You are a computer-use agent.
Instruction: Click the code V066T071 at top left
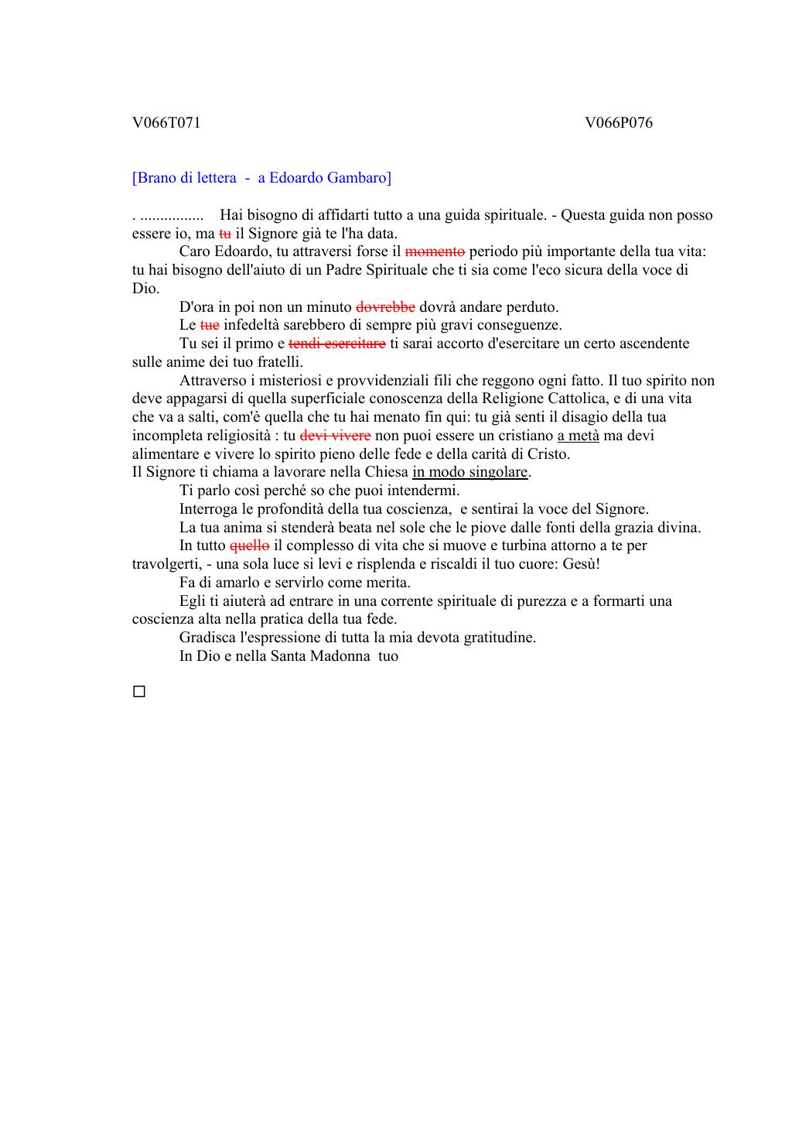click(166, 122)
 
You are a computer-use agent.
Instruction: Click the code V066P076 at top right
click(618, 122)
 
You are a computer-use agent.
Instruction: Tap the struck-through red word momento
click(435, 251)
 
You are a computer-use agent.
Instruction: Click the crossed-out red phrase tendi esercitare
click(336, 344)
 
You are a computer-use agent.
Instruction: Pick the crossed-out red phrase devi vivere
click(335, 436)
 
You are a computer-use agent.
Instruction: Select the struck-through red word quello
click(249, 546)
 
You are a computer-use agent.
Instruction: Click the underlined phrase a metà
click(578, 436)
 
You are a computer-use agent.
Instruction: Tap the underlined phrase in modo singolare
click(470, 472)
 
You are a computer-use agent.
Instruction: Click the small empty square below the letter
click(139, 692)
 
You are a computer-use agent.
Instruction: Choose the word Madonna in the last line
click(340, 656)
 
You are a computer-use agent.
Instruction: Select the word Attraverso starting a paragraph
click(213, 381)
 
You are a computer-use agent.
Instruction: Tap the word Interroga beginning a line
click(210, 509)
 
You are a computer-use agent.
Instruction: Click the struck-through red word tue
click(210, 325)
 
